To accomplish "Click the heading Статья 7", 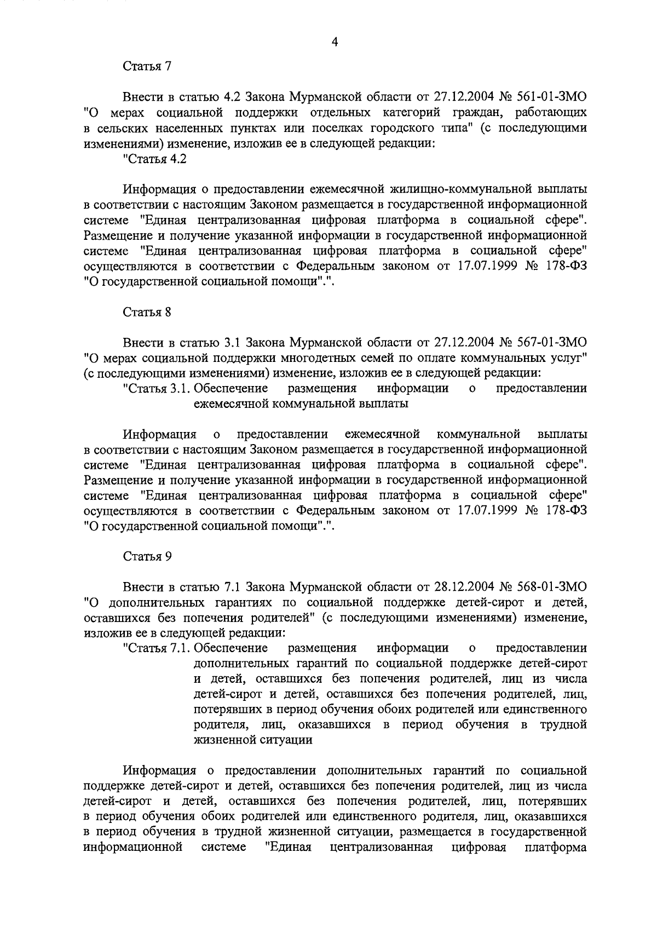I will [147, 67].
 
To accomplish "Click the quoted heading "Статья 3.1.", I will [157, 389].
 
